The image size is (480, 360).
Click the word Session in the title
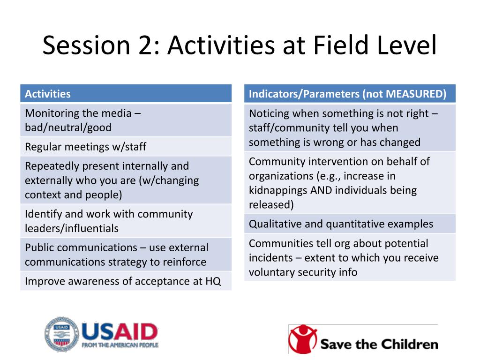[x=86, y=45]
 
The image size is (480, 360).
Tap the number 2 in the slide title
[x=149, y=45]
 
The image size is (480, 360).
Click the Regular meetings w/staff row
[x=126, y=147]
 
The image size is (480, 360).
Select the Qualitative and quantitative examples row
[x=350, y=224]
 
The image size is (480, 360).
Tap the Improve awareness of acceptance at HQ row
[x=126, y=281]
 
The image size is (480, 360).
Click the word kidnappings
[x=278, y=190]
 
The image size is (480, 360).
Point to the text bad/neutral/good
[x=68, y=127]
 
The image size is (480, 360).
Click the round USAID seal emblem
[x=61, y=335]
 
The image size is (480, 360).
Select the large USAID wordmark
[x=120, y=331]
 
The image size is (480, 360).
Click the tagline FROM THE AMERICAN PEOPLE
[x=120, y=345]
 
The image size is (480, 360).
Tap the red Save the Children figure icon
[x=303, y=338]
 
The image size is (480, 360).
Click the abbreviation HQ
[x=213, y=281]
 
